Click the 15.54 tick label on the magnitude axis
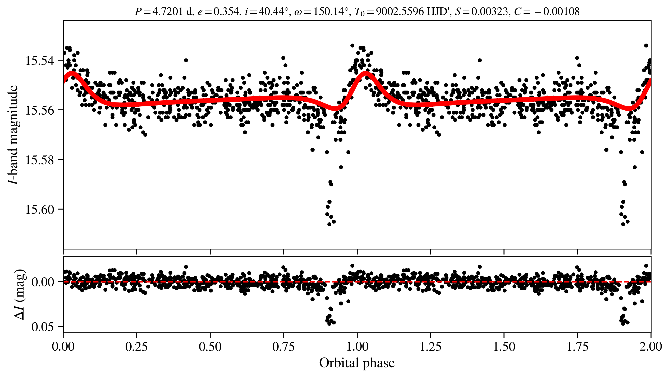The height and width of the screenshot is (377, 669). coord(39,61)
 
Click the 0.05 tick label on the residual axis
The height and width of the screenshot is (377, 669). coord(43,327)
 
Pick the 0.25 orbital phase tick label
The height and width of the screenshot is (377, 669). coord(136,347)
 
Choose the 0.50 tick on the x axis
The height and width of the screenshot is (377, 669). coord(210,347)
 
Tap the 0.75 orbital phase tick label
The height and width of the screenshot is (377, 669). coord(283,347)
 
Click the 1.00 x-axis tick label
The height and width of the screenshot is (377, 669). coord(357,347)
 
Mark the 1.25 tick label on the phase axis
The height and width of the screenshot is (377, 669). coord(430,347)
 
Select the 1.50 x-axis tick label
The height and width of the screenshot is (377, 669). coord(504,347)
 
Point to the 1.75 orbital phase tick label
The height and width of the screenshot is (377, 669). coord(578,347)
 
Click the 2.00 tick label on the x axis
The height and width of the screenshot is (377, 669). coord(650,347)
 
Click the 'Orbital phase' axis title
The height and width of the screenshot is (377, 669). coord(357,363)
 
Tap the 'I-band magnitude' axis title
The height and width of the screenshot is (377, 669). coord(13,135)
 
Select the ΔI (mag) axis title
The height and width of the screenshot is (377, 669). coord(20,295)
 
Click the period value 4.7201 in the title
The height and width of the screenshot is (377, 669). coord(168,12)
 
